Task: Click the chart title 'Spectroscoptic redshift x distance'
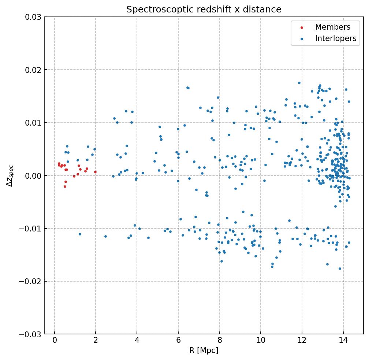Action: (204, 10)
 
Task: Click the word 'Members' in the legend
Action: (332, 27)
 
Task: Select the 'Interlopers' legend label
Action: (335, 38)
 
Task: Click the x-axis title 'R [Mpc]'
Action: (204, 350)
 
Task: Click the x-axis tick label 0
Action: (55, 341)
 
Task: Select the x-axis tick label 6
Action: (178, 341)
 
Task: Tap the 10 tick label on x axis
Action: (261, 341)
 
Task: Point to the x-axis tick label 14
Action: (343, 341)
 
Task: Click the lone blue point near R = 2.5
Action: (105, 236)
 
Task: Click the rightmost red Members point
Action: (95, 172)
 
